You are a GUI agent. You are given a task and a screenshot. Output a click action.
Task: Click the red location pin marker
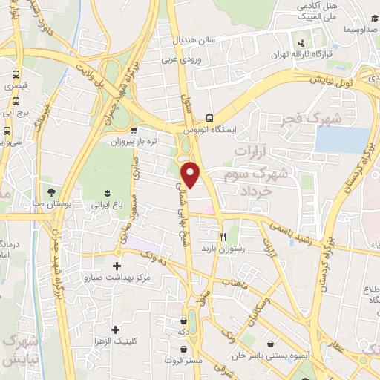[x=191, y=175]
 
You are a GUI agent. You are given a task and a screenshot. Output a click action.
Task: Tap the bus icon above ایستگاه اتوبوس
[x=210, y=117]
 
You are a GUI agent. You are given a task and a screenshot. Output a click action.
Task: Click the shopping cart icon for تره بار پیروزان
[x=134, y=130]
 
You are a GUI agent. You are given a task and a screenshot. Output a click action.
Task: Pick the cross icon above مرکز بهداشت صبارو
[x=117, y=265]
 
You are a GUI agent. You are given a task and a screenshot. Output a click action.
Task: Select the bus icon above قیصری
[x=15, y=75]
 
